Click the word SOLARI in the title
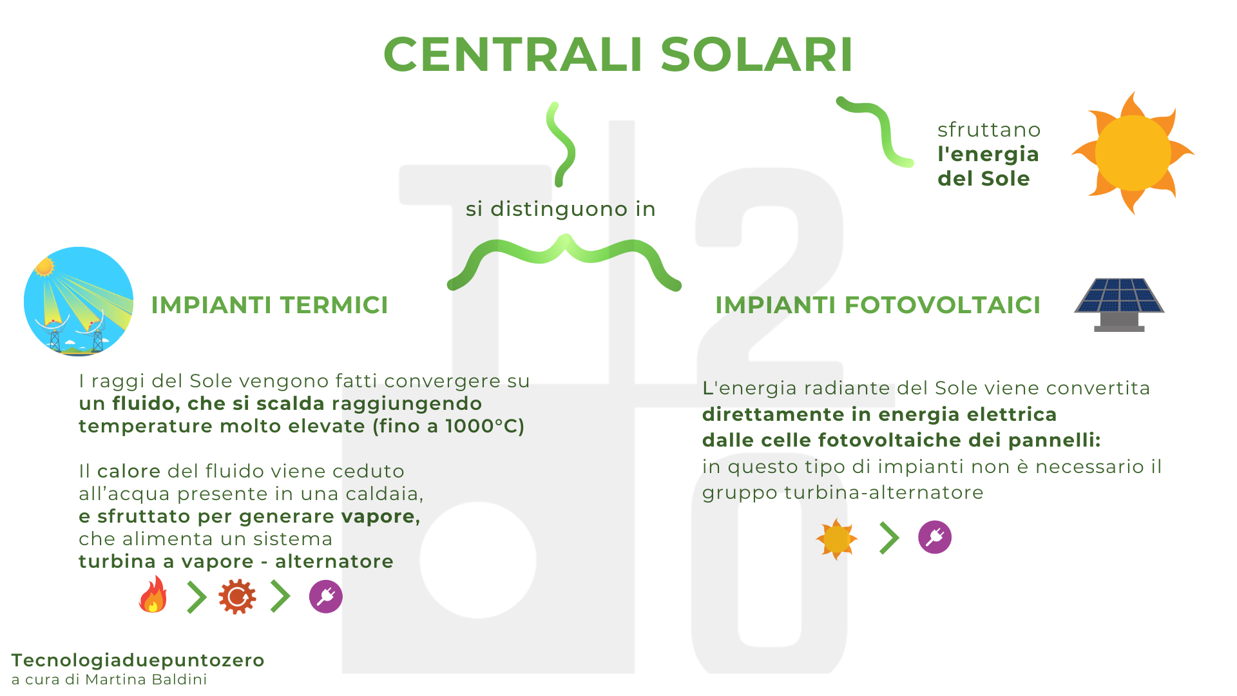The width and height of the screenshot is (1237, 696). pos(757,54)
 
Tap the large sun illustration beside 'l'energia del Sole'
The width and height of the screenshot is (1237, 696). pos(1133,153)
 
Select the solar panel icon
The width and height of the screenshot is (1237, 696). pos(1119,305)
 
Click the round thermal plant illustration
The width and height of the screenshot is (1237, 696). pos(79,302)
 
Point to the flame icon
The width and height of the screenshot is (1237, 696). pos(153,594)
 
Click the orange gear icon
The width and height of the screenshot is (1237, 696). pos(237,597)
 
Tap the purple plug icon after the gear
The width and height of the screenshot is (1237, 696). pos(326,597)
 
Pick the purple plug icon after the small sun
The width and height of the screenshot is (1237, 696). pos(935,537)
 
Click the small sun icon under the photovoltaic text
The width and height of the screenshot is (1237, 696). pos(837,539)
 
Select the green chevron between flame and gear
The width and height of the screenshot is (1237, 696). pos(197,597)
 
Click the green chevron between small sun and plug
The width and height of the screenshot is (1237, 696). pos(889,538)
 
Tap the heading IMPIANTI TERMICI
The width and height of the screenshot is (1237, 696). pos(270,305)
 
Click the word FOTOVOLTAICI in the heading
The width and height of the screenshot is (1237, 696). pos(943,305)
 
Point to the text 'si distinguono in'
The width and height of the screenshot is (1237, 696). pos(561,209)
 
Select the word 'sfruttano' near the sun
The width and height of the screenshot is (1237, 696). pos(989,130)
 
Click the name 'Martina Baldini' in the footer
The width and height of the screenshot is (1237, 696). pos(146,679)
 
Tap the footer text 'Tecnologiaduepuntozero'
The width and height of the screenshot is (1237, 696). pos(138,661)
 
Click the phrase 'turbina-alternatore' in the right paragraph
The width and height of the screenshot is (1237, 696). pos(884,492)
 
